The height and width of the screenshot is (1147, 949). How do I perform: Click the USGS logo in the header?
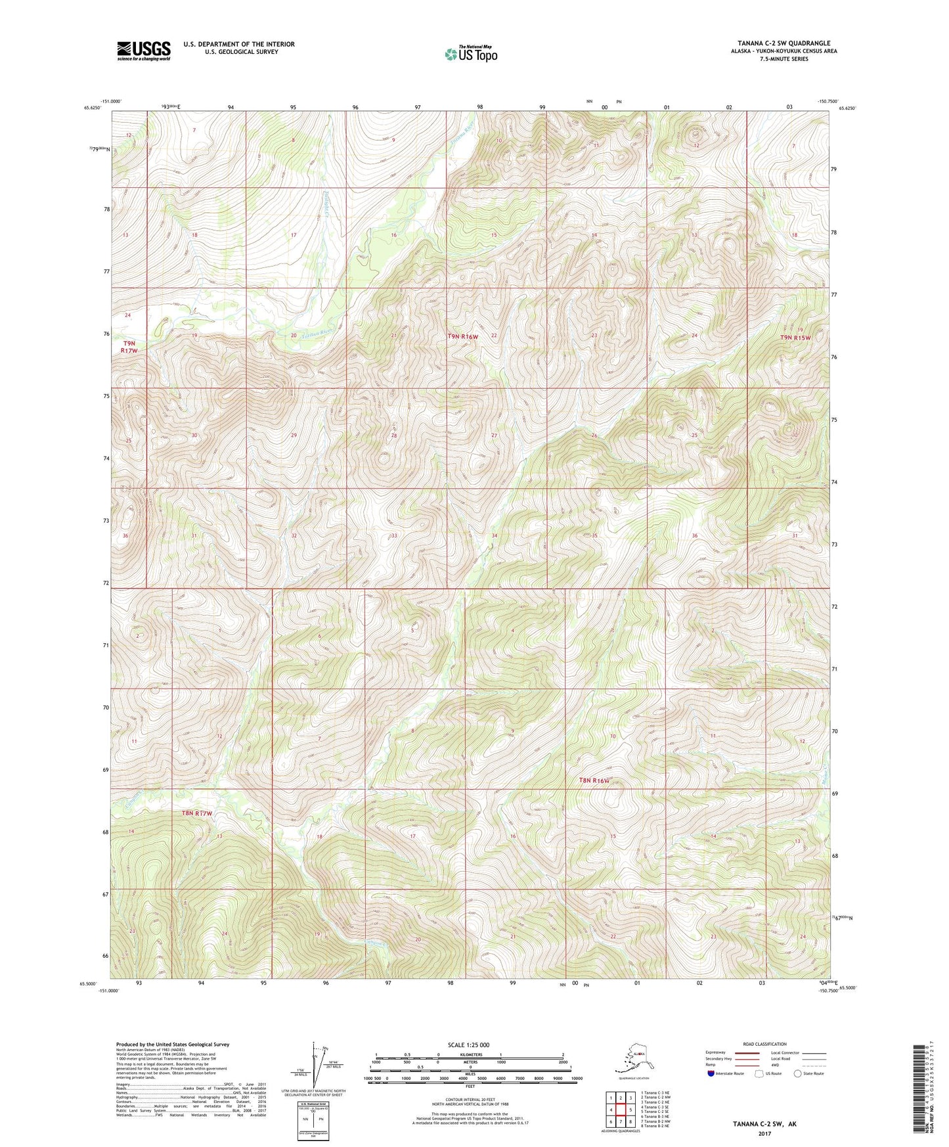click(x=144, y=51)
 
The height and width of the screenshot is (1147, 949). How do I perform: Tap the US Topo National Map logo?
click(x=470, y=54)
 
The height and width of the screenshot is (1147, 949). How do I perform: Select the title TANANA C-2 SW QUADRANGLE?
click(x=783, y=43)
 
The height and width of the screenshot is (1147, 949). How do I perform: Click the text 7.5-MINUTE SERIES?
click(x=783, y=59)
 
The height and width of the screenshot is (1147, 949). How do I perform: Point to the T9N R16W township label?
click(x=463, y=336)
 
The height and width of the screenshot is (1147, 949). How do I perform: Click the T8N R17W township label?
click(x=197, y=813)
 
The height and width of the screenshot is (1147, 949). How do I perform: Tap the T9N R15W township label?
click(x=795, y=338)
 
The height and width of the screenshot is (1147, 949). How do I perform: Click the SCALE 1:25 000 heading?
click(x=470, y=1045)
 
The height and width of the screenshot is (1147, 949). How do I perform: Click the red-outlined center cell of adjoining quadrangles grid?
click(x=621, y=1110)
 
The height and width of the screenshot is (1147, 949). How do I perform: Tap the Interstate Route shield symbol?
click(x=711, y=1074)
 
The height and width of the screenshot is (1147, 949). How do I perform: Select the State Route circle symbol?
click(x=798, y=1074)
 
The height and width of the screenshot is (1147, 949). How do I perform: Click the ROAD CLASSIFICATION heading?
click(x=764, y=1044)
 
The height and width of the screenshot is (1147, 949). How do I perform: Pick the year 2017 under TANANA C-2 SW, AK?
click(x=764, y=1133)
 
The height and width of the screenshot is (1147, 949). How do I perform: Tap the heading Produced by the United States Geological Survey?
click(x=173, y=1044)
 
